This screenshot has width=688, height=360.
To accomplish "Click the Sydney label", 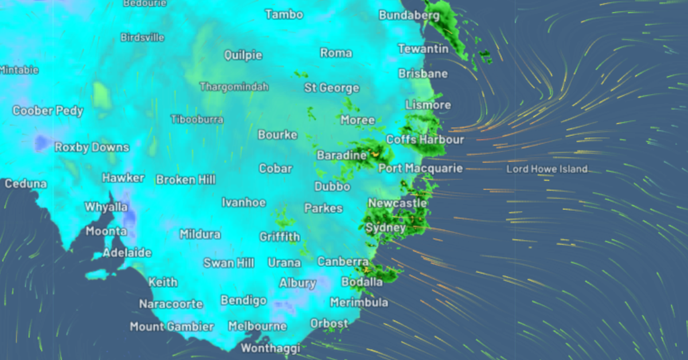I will (x=386, y=228).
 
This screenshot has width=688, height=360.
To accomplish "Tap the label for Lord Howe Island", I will (x=547, y=169).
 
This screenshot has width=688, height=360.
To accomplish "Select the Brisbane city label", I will (x=423, y=74).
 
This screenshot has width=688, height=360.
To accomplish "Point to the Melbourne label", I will (x=257, y=326).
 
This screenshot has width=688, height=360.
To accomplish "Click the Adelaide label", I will (x=127, y=253).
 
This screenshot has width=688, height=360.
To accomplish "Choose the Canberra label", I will (x=343, y=262).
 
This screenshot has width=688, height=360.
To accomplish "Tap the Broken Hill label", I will (x=186, y=179).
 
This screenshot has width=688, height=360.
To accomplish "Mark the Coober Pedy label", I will (x=48, y=111).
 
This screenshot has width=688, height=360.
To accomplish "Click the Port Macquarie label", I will (x=420, y=169).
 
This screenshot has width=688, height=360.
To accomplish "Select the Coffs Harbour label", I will (x=425, y=140).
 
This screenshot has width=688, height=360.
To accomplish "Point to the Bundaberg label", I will (x=409, y=15).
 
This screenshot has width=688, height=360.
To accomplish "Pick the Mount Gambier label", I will (x=171, y=327).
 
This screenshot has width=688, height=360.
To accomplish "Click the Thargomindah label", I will (x=234, y=87).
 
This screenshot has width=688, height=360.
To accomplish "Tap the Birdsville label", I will (x=142, y=38).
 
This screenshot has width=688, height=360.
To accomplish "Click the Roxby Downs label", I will (x=92, y=147).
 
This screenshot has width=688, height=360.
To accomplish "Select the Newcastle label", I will (x=397, y=203).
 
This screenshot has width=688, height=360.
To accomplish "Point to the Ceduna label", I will (x=26, y=184).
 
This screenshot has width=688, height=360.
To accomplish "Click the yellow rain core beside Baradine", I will (x=376, y=153).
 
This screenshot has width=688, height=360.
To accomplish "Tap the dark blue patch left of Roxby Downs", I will (x=41, y=142).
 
